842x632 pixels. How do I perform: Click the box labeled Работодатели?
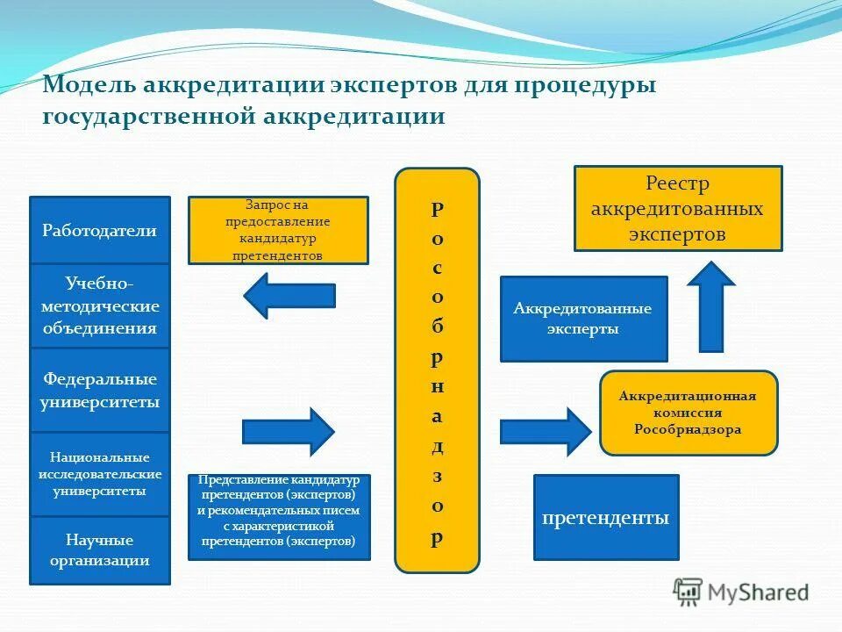tap(99, 230)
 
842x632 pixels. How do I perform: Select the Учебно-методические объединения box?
tap(99, 305)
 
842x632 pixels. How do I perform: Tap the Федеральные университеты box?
tap(99, 391)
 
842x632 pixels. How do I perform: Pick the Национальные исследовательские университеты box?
tap(99, 474)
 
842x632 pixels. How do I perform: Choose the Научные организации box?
tap(99, 549)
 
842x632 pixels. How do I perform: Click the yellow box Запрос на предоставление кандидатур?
tap(278, 230)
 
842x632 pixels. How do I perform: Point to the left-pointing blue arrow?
tap(289, 296)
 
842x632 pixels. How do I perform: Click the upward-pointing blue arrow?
tap(710, 306)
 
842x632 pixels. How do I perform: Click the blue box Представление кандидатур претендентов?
tap(279, 517)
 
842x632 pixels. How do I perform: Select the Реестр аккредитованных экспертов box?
tap(677, 209)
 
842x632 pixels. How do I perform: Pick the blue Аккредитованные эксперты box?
tap(583, 319)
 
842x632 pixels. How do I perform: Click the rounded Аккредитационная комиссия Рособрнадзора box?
tap(689, 413)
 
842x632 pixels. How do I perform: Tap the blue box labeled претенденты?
tap(606, 517)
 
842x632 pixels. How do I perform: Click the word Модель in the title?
tap(86, 87)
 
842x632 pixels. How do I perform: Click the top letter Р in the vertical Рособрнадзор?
tap(437, 210)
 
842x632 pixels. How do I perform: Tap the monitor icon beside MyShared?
tap(688, 592)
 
